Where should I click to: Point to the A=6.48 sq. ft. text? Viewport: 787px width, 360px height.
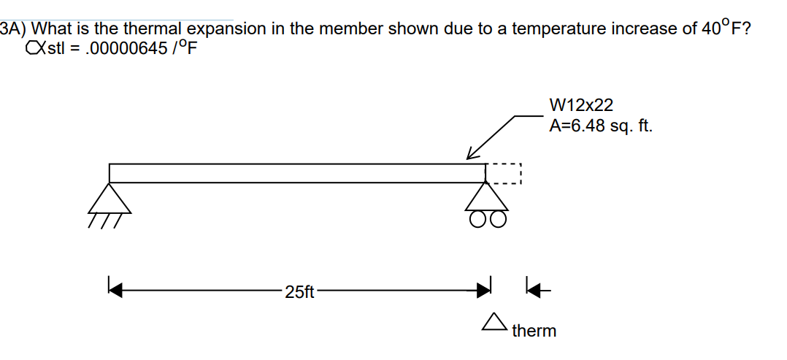[x=601, y=126]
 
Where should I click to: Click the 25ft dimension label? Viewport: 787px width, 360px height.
[x=299, y=293]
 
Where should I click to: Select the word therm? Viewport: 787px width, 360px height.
[x=534, y=332]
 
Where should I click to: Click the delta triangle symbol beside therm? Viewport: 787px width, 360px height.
[x=495, y=321]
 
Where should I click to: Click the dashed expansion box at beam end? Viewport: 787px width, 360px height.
[x=504, y=173]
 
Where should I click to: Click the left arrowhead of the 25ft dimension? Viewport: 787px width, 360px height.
[x=114, y=291]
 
